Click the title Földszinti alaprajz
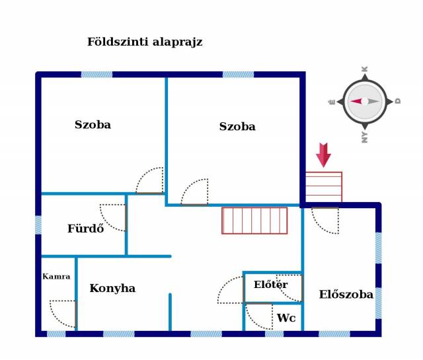(145, 42)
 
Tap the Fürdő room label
(85, 229)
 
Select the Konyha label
(112, 289)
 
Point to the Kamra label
(56, 276)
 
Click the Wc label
(286, 318)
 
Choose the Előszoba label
(346, 294)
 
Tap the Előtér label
(270, 284)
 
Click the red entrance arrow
(323, 155)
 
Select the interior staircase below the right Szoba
(254, 221)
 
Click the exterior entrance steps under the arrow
(324, 187)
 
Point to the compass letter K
(364, 69)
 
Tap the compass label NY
(364, 137)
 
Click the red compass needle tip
(350, 102)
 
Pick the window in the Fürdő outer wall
(38, 225)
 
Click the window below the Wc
(274, 334)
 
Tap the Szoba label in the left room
(93, 125)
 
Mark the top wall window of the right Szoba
(238, 75)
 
